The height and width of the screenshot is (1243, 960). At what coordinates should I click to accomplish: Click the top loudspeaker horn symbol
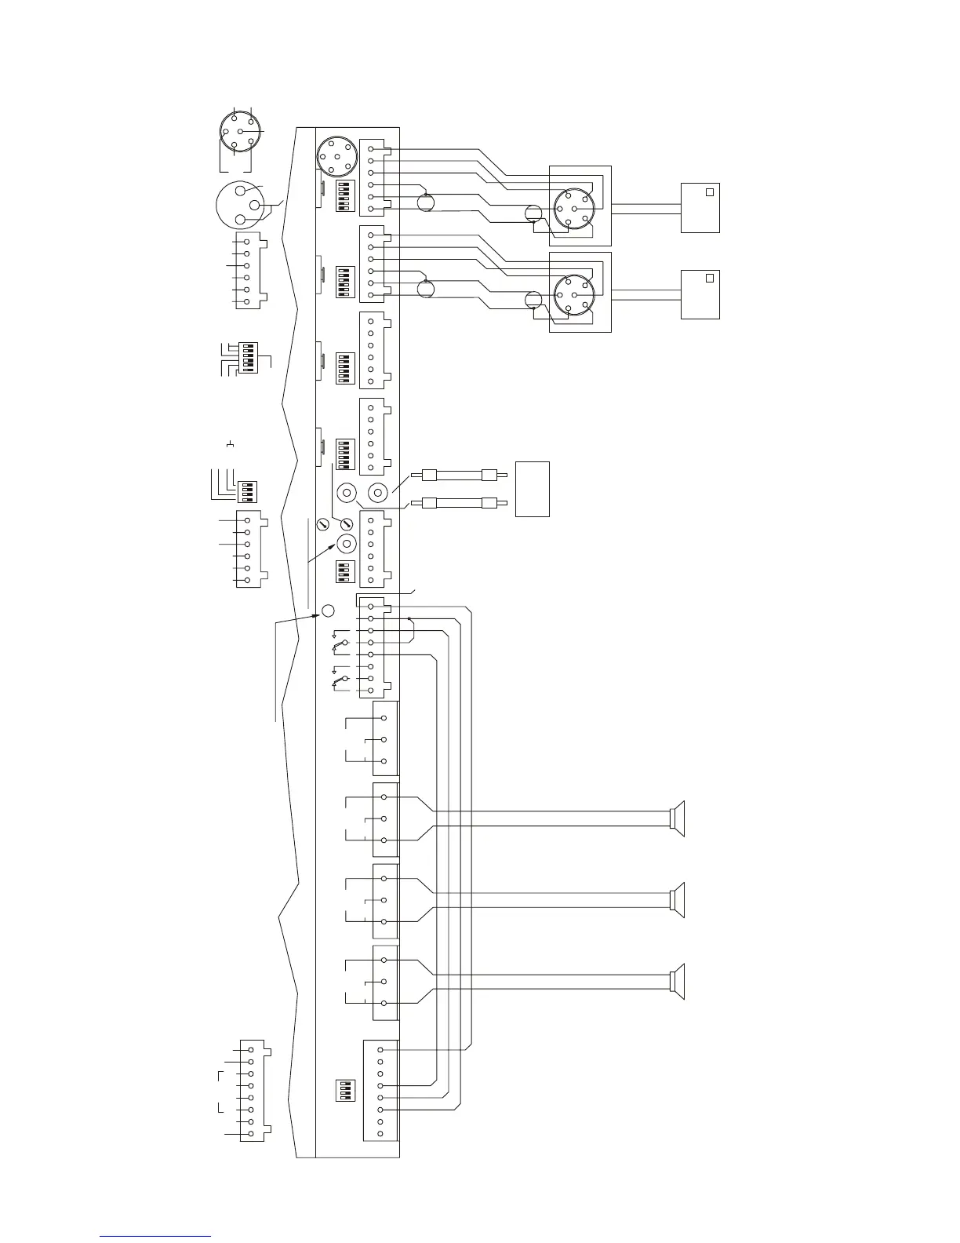(678, 818)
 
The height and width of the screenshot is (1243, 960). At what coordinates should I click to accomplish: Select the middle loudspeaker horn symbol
(678, 900)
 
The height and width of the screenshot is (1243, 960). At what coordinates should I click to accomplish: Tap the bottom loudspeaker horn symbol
(678, 981)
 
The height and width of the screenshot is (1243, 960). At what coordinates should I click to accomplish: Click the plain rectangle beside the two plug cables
(532, 489)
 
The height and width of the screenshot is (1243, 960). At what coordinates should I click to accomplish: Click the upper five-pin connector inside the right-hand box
(574, 209)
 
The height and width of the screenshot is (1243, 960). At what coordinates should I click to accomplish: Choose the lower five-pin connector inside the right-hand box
(574, 295)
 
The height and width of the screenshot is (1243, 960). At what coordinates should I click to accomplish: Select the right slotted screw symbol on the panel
(347, 523)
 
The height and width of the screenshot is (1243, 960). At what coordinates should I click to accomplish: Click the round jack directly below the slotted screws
(346, 544)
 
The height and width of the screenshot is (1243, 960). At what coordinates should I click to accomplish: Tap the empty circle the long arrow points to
(329, 611)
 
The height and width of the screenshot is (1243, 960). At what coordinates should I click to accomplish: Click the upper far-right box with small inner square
(700, 207)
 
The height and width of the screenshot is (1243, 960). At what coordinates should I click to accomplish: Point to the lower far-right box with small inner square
(700, 294)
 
